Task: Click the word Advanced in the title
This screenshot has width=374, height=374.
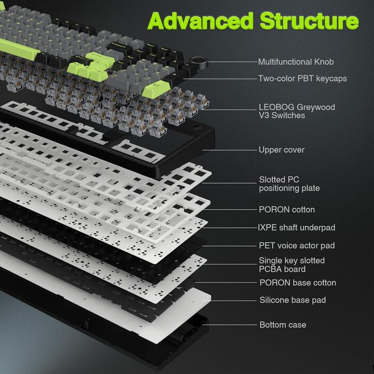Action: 201,21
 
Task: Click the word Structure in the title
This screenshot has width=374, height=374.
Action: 309,21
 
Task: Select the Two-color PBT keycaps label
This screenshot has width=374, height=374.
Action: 302,79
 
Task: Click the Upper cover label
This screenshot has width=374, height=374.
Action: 282,150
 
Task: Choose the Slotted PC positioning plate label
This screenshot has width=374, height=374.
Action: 289,184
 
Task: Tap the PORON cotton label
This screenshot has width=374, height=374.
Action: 287,210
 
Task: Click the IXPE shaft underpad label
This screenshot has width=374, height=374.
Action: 297,228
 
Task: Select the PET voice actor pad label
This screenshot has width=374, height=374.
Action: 297,246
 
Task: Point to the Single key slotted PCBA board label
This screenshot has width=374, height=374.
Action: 292,264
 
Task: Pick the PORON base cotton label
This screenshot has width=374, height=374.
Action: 298,283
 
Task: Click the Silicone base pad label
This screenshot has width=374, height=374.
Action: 293,300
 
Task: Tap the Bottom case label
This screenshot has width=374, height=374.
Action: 283,325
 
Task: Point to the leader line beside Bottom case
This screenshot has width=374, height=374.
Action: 230,324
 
